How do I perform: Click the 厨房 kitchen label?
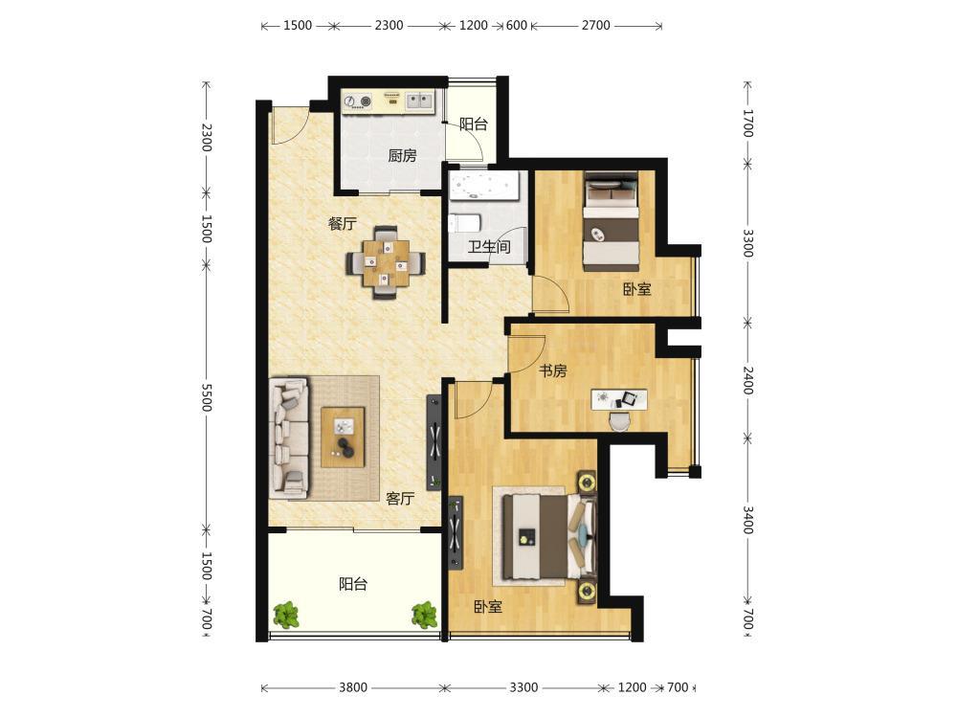(x=402, y=156)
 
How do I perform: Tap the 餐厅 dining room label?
(x=342, y=223)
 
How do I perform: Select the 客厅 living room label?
(x=400, y=499)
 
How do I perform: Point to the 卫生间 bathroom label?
(x=489, y=247)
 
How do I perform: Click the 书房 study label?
(x=553, y=370)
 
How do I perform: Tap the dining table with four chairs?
(x=386, y=263)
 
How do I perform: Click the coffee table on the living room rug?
(x=343, y=438)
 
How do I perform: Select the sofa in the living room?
(x=289, y=438)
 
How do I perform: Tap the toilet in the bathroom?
(x=464, y=223)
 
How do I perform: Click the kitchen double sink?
(x=419, y=101)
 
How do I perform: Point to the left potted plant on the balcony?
(x=285, y=615)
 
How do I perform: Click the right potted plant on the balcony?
(x=424, y=615)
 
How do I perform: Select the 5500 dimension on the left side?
(x=207, y=398)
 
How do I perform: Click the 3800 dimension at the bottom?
(x=353, y=688)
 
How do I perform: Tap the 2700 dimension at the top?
(x=595, y=26)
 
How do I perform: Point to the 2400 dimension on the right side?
(x=748, y=380)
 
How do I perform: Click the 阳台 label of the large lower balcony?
(x=353, y=584)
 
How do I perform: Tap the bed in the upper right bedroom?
(x=611, y=222)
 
